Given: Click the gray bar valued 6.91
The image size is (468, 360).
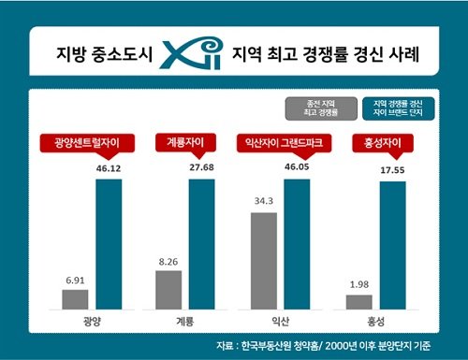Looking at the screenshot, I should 75,299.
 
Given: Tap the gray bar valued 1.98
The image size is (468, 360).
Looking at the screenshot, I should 358,302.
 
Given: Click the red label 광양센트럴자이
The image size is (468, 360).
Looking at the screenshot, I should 86,143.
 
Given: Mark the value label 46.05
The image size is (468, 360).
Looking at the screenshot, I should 297,166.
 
